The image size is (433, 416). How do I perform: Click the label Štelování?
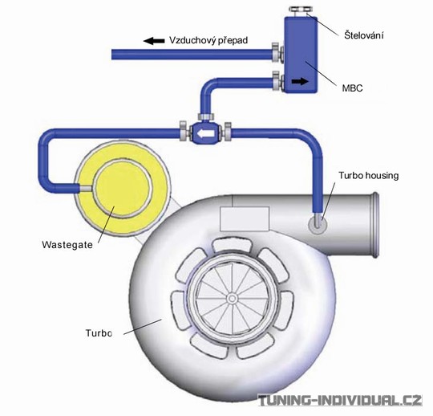coord(364,35)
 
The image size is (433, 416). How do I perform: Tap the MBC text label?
coord(352,88)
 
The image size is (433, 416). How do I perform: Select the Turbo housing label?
coord(369,176)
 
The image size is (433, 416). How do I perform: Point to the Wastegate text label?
coord(67,245)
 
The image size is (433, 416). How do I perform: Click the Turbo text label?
coord(99,333)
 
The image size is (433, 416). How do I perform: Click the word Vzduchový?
coord(192,40)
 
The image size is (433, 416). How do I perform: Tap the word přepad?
coord(233,41)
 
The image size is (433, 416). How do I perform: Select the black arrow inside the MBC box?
coord(300,81)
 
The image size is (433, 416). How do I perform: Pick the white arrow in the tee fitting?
coord(205,134)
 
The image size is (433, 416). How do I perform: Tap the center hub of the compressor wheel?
coord(232,299)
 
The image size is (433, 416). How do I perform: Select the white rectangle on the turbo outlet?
coord(245,218)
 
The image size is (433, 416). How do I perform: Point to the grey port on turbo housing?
coord(318,224)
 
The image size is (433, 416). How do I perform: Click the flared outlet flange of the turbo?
coord(374,225)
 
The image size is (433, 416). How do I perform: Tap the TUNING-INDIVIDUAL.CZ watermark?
coord(340,401)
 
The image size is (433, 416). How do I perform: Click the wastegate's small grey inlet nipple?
coord(86,188)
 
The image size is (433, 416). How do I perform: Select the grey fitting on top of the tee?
coord(206,116)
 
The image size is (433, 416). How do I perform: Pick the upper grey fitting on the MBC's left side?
coord(277,51)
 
